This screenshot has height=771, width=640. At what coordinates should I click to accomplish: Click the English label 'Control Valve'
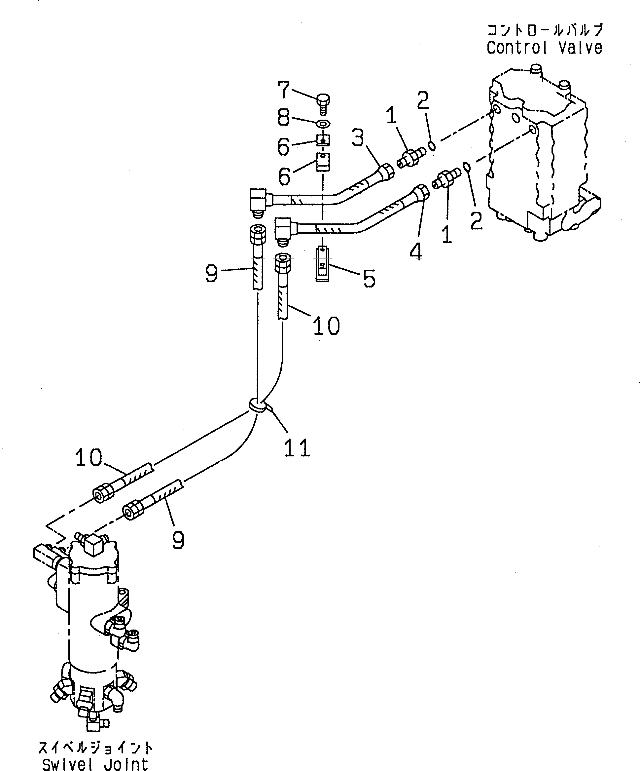544,48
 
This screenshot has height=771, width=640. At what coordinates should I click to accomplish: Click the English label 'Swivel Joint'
95,764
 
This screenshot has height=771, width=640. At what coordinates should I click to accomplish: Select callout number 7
284,90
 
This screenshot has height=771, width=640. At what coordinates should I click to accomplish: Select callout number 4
415,252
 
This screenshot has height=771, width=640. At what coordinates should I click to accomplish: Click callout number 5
369,278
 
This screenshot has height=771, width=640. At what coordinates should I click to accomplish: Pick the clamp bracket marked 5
322,264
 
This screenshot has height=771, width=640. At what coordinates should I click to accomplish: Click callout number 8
284,118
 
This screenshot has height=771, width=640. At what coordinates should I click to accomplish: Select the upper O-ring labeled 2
433,146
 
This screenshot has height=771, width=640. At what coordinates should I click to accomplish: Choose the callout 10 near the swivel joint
89,458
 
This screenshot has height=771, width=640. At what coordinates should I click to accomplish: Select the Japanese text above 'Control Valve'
545,30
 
